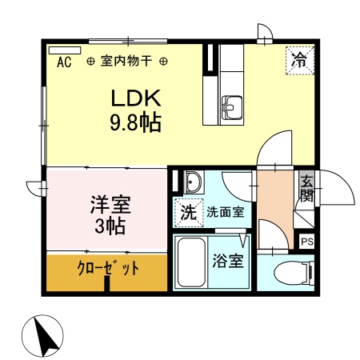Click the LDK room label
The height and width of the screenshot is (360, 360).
(x=136, y=99)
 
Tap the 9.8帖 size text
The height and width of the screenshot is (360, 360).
(x=136, y=122)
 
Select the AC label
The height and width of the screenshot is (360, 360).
(x=65, y=61)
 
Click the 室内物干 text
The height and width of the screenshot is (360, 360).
(x=128, y=61)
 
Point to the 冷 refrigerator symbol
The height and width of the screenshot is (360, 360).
(x=299, y=59)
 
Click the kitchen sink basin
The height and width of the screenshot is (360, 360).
(x=233, y=105)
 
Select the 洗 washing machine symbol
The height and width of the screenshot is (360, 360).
(x=186, y=214)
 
